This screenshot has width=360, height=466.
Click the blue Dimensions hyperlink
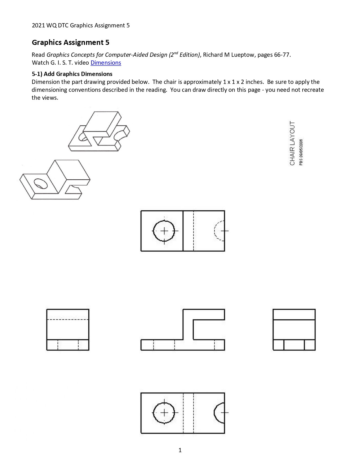pos(106,63)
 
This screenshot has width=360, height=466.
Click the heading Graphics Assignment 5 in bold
pos(70,42)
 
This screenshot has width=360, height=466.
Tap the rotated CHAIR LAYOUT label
pos(292,143)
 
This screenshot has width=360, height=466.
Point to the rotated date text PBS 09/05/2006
pos(301,152)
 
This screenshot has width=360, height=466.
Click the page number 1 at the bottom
pos(180,450)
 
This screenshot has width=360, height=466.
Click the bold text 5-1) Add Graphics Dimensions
pos(72,74)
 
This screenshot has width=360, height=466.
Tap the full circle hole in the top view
pos(164,231)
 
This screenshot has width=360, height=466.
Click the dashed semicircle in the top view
pos(219,230)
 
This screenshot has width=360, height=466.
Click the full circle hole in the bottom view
pos(164,413)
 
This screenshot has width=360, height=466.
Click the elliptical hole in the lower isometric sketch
pos(41,183)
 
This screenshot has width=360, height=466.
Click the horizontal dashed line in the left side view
pos(68,320)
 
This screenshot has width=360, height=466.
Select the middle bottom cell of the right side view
pos(294,345)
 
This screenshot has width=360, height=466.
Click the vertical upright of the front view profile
pos(188,325)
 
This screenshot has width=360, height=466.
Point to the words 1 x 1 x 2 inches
pos(243,82)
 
